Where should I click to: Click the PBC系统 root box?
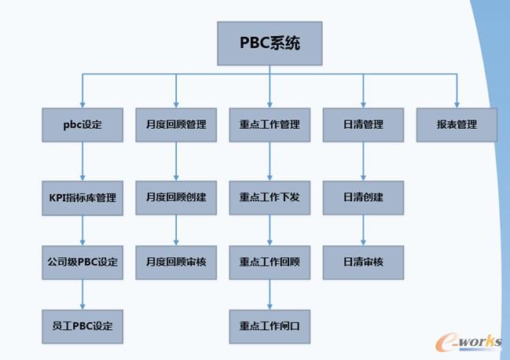[270, 43]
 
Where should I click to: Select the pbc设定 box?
[83, 124]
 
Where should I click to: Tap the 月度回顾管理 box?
[176, 124]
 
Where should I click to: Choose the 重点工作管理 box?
[270, 124]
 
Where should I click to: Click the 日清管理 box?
[363, 124]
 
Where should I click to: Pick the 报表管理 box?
[457, 124]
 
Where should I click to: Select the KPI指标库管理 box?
[83, 197]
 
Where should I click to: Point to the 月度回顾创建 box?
[176, 197]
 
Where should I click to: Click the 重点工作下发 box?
[270, 197]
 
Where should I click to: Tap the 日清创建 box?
[363, 197]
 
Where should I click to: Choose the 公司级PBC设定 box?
[83, 262]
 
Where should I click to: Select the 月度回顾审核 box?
[176, 262]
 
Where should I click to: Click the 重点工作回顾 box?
[270, 262]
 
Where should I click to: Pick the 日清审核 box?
[363, 262]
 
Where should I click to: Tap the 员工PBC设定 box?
[83, 325]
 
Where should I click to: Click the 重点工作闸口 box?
[270, 325]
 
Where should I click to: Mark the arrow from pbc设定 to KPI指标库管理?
[83, 160]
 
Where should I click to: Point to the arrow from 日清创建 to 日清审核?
[363, 230]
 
